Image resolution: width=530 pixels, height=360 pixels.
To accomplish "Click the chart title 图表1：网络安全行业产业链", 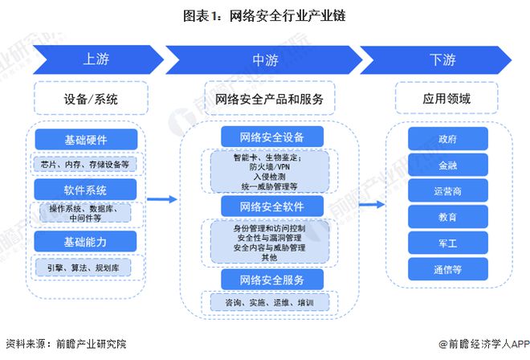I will click(264, 14).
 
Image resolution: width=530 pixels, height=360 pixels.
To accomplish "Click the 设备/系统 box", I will click(91, 100).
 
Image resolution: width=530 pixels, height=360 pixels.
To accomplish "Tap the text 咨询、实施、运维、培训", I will click(270, 302).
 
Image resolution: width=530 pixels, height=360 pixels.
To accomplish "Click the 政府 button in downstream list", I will click(447, 139).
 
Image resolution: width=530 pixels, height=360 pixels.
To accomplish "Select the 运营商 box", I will click(447, 191).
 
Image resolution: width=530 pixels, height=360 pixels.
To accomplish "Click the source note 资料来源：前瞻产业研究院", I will click(66, 344).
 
